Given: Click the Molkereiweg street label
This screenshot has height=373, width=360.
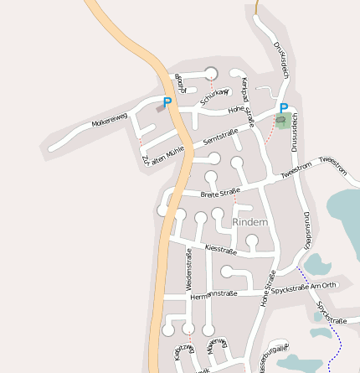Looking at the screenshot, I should point(110,122).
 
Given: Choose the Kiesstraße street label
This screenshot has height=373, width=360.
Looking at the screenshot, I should point(220,249).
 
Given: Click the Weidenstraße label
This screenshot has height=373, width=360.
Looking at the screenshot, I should point(188,269).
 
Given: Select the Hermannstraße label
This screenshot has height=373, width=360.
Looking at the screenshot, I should point(213,294).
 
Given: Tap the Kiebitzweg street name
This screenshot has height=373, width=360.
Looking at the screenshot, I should point(183,351).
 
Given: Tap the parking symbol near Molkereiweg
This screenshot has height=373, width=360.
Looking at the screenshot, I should point(167,102).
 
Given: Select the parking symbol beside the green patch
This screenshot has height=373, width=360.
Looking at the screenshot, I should point(284,108).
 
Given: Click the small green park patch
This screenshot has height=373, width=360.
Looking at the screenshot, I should point(283,122).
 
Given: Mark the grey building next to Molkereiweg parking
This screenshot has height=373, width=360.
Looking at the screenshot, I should point(159,108).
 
